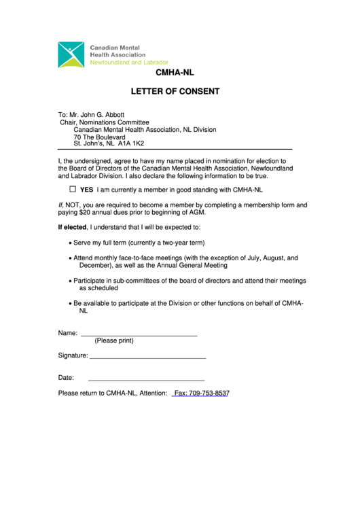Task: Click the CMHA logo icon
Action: click(x=71, y=54)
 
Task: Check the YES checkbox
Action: click(x=73, y=190)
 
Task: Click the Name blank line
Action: click(x=139, y=334)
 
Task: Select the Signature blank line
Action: click(x=147, y=356)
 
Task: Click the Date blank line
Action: click(x=146, y=379)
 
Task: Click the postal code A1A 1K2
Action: click(x=131, y=144)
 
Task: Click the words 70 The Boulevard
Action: click(x=100, y=137)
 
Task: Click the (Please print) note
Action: click(x=114, y=340)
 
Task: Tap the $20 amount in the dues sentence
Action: click(x=88, y=212)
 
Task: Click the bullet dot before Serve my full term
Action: click(x=70, y=243)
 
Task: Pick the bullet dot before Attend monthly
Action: click(x=70, y=259)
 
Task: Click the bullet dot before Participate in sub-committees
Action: click(x=70, y=281)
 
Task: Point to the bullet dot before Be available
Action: click(x=70, y=303)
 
